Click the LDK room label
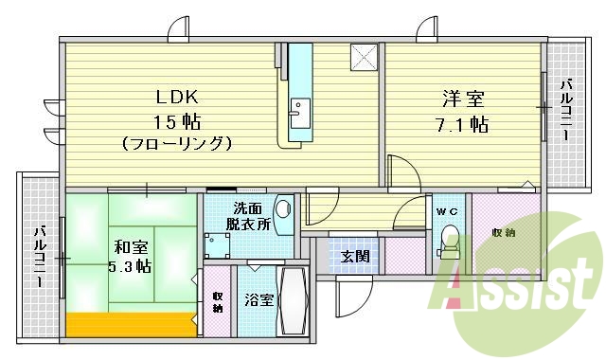coord(177,96)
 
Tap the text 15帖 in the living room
coord(177,120)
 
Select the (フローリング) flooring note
coord(177,144)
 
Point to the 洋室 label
coord(462,98)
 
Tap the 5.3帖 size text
coord(130,268)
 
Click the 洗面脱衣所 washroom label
coord(250,217)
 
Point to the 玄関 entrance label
coord(355,256)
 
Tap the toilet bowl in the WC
coord(449,243)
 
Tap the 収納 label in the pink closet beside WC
coord(503,233)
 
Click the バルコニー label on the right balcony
coord(565,112)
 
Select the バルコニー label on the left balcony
coord(40,257)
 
